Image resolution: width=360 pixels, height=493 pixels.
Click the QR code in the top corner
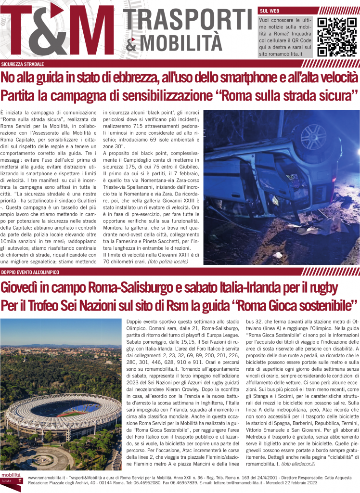click(x=336, y=37)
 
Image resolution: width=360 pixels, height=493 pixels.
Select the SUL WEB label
click(x=270, y=10)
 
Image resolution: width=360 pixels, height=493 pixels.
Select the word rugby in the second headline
click(x=321, y=288)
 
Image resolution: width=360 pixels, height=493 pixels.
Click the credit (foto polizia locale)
click(x=168, y=261)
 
